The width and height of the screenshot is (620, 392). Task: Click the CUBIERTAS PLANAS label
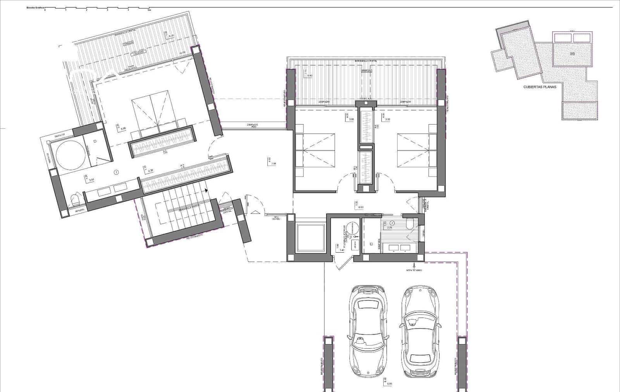[539, 87]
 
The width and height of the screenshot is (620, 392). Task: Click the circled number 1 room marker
[116, 172]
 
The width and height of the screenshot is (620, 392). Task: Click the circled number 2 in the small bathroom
[392, 223]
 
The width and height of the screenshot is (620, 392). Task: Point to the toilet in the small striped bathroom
[409, 224]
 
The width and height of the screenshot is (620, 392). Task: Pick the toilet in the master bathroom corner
[76, 200]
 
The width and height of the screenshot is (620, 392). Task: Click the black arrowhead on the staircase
[206, 191]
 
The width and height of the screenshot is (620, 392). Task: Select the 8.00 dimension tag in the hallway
[360, 208]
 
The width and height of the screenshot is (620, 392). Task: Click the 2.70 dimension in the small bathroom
[390, 228]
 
